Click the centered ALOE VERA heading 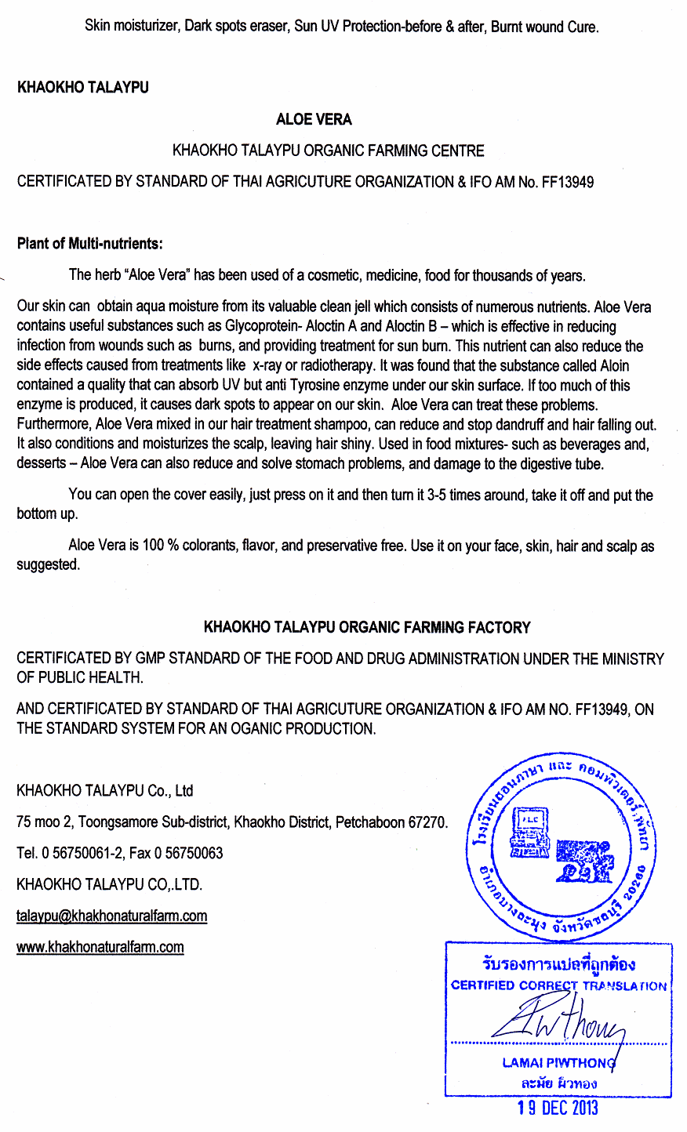pos(314,119)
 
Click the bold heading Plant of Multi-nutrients pos(89,243)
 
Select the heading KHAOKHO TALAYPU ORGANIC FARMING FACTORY pos(367,627)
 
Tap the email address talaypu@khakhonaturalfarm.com pos(111,916)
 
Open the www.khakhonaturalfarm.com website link pos(100,947)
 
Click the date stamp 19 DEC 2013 pos(558,1108)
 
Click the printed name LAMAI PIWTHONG pos(558,1063)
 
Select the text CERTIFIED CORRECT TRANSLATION pos(558,986)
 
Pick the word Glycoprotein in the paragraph pos(264,326)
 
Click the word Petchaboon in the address pos(368,822)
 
